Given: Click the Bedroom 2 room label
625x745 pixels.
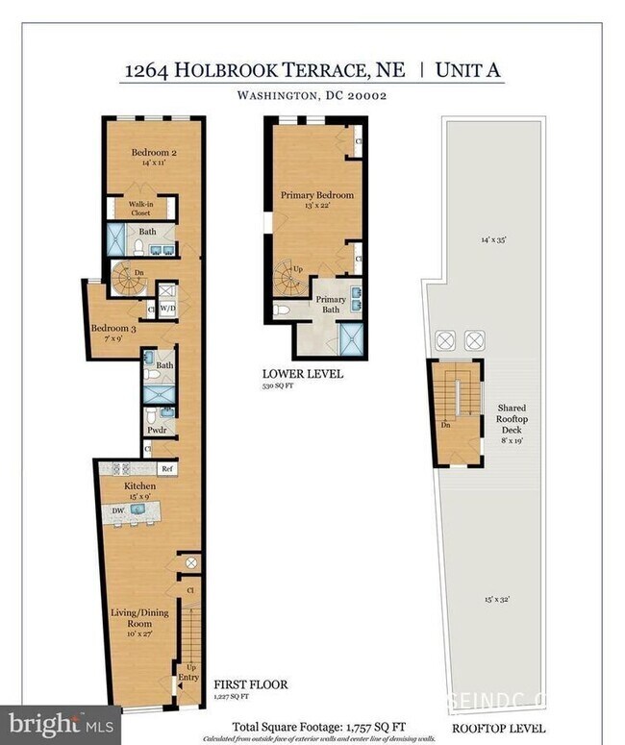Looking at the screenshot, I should [x=154, y=152].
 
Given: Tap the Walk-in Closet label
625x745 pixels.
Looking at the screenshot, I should [x=140, y=209].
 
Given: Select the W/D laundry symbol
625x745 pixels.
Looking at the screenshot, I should [x=167, y=309].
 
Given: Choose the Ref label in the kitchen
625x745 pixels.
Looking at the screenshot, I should [x=166, y=468].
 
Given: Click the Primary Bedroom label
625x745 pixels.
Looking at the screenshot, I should [x=316, y=195].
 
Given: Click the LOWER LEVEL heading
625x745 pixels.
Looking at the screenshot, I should [x=303, y=374].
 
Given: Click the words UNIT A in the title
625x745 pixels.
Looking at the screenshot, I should [x=469, y=70].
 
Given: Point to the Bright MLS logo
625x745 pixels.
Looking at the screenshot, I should [x=62, y=723].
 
